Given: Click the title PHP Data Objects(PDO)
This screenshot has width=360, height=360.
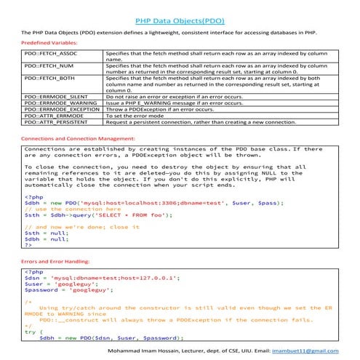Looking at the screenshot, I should click(x=180, y=21).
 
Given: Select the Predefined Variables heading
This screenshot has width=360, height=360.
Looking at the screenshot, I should click(x=47, y=44).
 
